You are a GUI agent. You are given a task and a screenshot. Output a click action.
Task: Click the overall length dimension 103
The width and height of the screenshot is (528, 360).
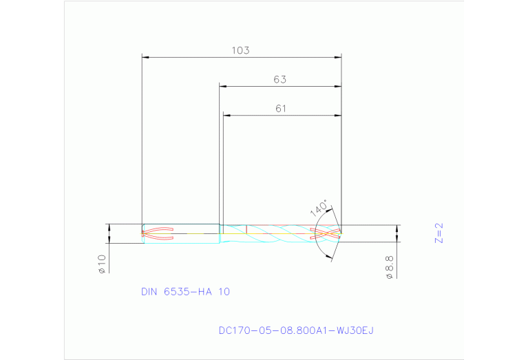tap(240, 50)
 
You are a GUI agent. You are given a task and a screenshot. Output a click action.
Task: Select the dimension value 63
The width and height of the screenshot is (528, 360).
tap(279, 79)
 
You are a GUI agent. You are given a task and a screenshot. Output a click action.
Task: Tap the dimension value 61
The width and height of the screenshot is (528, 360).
tap(280, 108)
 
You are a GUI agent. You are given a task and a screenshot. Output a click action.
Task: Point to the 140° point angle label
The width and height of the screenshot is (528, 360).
tap(319, 209)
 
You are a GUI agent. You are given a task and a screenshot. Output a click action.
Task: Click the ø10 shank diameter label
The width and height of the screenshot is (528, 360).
tap(101, 264)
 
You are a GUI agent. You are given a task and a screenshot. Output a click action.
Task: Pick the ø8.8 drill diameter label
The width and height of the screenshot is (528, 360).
tap(389, 267)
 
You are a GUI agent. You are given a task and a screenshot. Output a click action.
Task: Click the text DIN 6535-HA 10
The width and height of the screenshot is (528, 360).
tap(185, 292)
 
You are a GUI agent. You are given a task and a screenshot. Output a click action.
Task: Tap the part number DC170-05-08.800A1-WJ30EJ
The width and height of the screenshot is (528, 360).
tap(295, 331)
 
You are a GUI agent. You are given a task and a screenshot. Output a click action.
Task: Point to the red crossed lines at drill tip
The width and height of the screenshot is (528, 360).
tap(327, 233)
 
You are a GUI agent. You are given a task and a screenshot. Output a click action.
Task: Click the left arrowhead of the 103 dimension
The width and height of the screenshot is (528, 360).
tap(145, 57)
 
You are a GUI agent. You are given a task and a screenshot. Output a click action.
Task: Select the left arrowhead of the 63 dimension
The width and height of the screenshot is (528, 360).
tap(223, 86)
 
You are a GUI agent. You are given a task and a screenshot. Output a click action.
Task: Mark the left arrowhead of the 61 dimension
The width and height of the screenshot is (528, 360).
tap(226, 115)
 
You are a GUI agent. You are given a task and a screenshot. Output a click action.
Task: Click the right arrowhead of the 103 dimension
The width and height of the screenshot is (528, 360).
tap(337, 57)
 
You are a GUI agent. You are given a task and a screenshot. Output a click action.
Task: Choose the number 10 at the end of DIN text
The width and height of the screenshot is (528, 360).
tap(224, 292)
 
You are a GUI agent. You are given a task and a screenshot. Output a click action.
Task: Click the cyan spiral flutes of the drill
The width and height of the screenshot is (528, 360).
tap(275, 233)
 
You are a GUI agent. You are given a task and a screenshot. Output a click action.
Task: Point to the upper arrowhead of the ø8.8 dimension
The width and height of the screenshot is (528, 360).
tap(397, 228)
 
